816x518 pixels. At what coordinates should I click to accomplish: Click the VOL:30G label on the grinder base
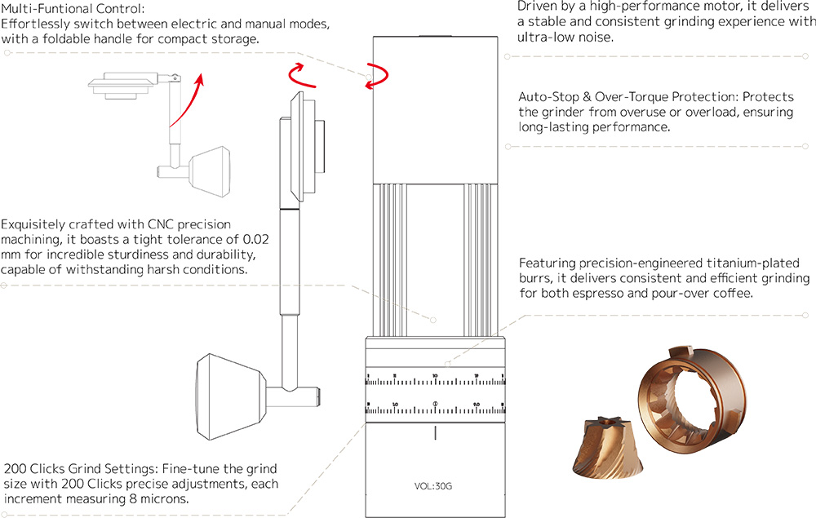pyautogui.click(x=433, y=486)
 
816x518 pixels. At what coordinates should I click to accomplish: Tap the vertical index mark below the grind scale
pyautogui.click(x=435, y=432)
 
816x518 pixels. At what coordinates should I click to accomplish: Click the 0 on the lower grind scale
pyautogui.click(x=435, y=404)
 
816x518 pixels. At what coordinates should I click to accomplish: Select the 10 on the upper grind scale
pyautogui.click(x=435, y=376)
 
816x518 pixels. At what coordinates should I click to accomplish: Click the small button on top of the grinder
pyautogui.click(x=435, y=36)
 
